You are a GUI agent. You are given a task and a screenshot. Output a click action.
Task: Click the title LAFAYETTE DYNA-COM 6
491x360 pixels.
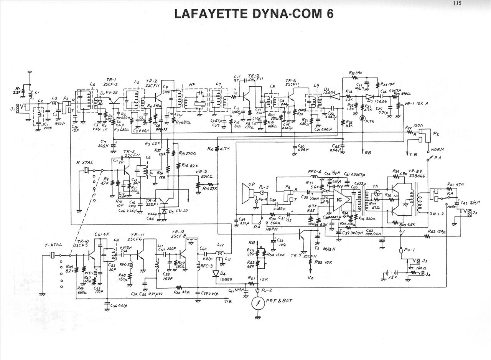pyautogui.click(x=254, y=13)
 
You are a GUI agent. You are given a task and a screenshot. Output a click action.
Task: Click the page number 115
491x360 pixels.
pyautogui.click(x=456, y=3)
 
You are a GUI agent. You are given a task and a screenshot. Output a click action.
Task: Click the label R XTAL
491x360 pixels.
pyautogui.click(x=85, y=162)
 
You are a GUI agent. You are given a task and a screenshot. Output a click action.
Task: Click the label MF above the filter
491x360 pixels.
pyautogui.click(x=192, y=84)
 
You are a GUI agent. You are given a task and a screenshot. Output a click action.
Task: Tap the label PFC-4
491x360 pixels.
pyautogui.click(x=314, y=172)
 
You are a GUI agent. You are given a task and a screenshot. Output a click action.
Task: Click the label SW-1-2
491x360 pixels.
pyautogui.click(x=437, y=213)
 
